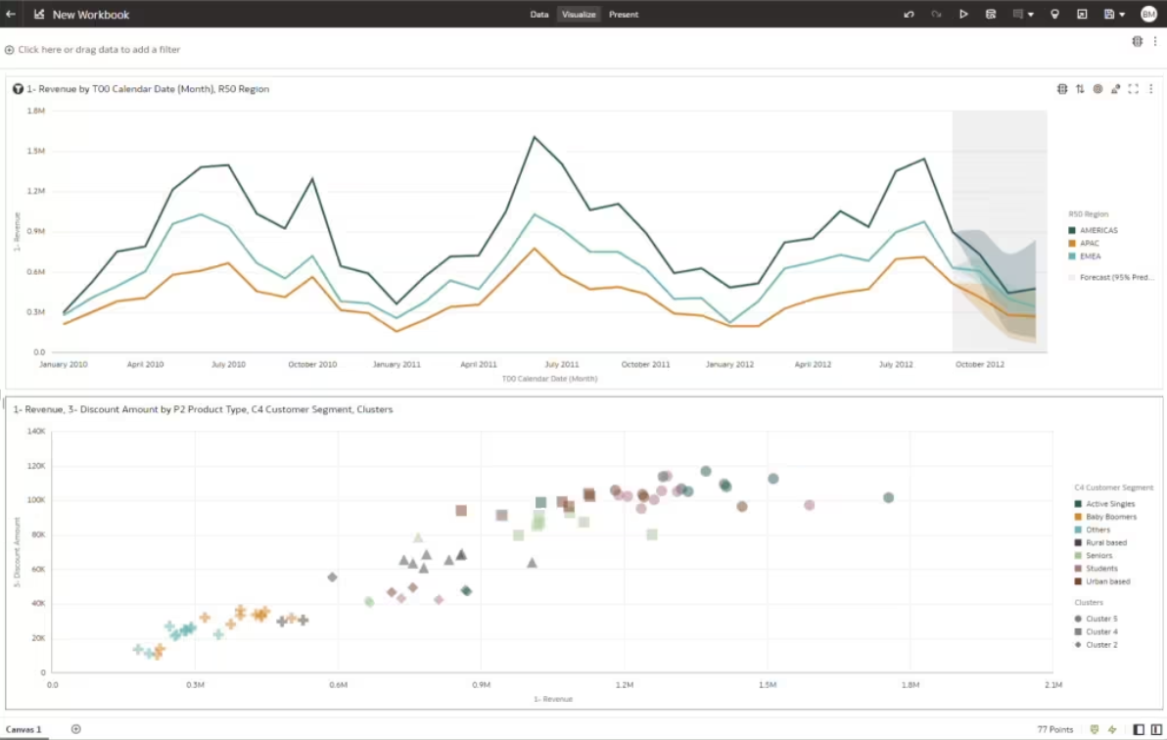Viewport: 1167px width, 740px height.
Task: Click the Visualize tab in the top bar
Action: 579,15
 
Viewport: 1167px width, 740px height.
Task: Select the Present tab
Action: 624,15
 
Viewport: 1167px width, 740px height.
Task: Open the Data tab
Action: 539,15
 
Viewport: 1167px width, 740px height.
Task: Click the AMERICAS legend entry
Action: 1097,231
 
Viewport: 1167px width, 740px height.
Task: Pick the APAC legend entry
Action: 1089,244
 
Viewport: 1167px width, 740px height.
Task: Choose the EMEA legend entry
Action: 1090,256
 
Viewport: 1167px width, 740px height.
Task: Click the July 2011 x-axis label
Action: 562,364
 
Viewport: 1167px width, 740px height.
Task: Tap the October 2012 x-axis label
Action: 980,364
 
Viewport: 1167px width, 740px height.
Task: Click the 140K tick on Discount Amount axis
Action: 36,431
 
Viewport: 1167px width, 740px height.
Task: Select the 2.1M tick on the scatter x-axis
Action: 1053,685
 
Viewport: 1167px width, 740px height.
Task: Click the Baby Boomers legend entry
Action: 1110,517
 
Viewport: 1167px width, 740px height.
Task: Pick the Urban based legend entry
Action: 1107,581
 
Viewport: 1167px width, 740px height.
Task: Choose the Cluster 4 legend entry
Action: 1100,632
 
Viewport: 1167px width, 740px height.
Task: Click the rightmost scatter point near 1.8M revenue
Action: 889,498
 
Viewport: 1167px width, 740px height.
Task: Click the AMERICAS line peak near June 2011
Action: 535,137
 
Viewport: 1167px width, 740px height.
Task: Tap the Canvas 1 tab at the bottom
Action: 24,729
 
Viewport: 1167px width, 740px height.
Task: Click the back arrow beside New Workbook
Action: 11,15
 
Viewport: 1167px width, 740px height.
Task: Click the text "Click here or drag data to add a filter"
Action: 99,50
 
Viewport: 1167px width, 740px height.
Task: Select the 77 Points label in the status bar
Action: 1055,729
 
